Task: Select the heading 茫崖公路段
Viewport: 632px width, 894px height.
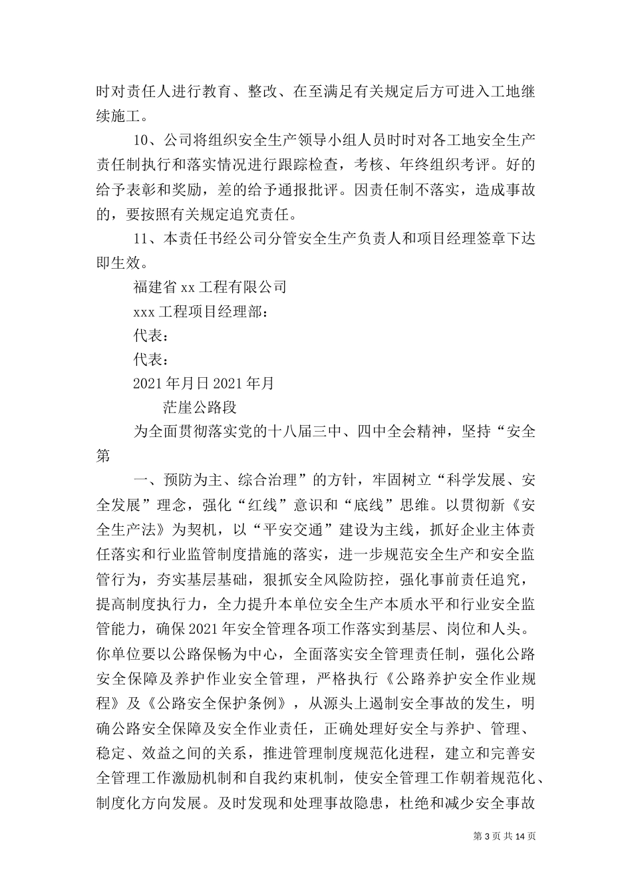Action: pos(199,407)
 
